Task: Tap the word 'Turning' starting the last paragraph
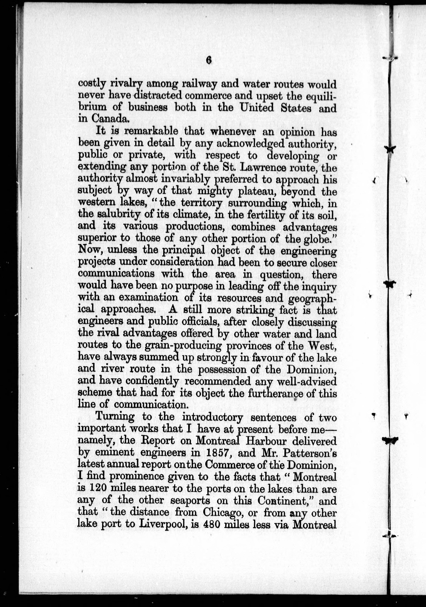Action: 115,417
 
